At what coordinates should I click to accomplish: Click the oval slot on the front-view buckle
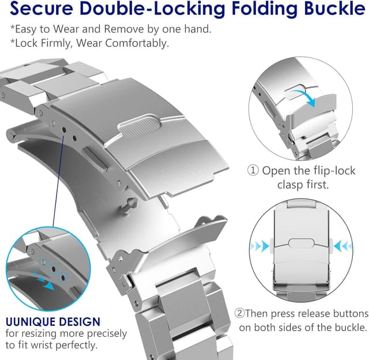(x=301, y=243)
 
